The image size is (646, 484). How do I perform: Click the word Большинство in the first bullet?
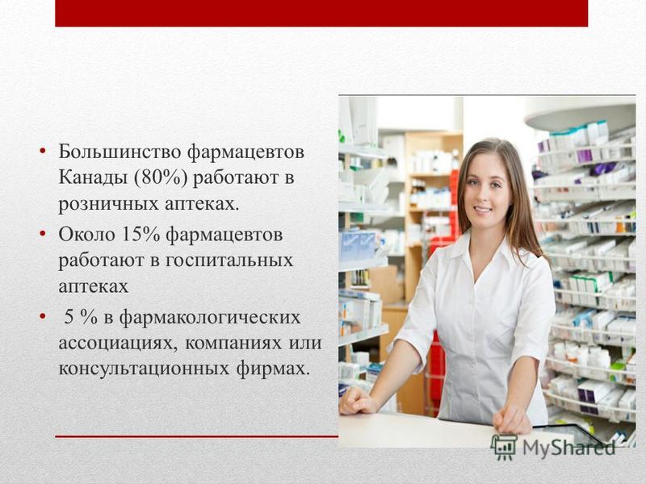click(120, 152)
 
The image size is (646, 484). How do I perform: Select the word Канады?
click(93, 177)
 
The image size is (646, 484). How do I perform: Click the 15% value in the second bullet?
click(141, 234)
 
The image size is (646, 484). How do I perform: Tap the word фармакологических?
click(210, 318)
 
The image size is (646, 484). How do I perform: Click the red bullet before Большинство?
click(43, 151)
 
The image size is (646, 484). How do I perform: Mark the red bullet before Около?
click(43, 234)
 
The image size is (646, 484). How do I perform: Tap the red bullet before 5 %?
click(43, 317)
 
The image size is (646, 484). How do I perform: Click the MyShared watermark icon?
click(504, 446)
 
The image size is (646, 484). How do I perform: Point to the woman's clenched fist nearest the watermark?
click(512, 419)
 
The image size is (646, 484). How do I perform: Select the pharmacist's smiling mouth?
click(483, 210)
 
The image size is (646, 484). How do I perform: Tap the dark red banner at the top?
click(321, 13)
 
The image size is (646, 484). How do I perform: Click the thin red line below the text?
click(196, 436)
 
